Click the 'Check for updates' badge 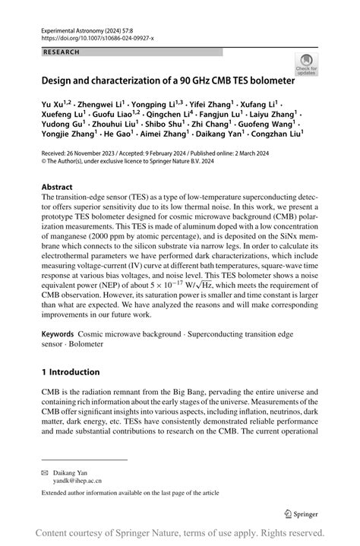click(307, 64)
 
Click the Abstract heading click(57, 186)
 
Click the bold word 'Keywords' click(58, 333)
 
